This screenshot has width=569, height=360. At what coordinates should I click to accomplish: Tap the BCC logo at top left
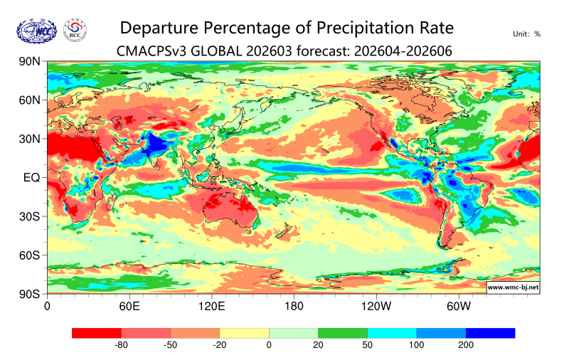tap(76, 30)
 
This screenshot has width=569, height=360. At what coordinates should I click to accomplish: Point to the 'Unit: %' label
tap(526, 33)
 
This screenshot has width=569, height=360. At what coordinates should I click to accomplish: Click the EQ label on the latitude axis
tap(31, 177)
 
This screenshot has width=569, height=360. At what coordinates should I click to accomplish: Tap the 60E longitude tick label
tap(129, 307)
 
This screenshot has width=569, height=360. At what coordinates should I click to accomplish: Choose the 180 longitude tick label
tap(294, 307)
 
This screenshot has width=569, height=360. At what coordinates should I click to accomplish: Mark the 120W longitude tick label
tap(376, 307)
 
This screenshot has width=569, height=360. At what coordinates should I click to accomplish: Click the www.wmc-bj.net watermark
tap(513, 287)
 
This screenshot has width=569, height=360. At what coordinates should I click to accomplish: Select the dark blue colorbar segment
tap(490, 333)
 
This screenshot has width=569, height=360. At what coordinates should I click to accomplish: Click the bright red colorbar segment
tap(97, 333)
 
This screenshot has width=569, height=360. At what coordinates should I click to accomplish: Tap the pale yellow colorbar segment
tap(244, 333)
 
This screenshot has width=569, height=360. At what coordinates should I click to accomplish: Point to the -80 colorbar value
tap(121, 345)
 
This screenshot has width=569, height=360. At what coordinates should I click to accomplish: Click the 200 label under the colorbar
tap(465, 345)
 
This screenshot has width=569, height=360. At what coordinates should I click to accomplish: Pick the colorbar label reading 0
tap(269, 345)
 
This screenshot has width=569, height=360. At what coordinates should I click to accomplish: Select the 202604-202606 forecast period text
tap(402, 50)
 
